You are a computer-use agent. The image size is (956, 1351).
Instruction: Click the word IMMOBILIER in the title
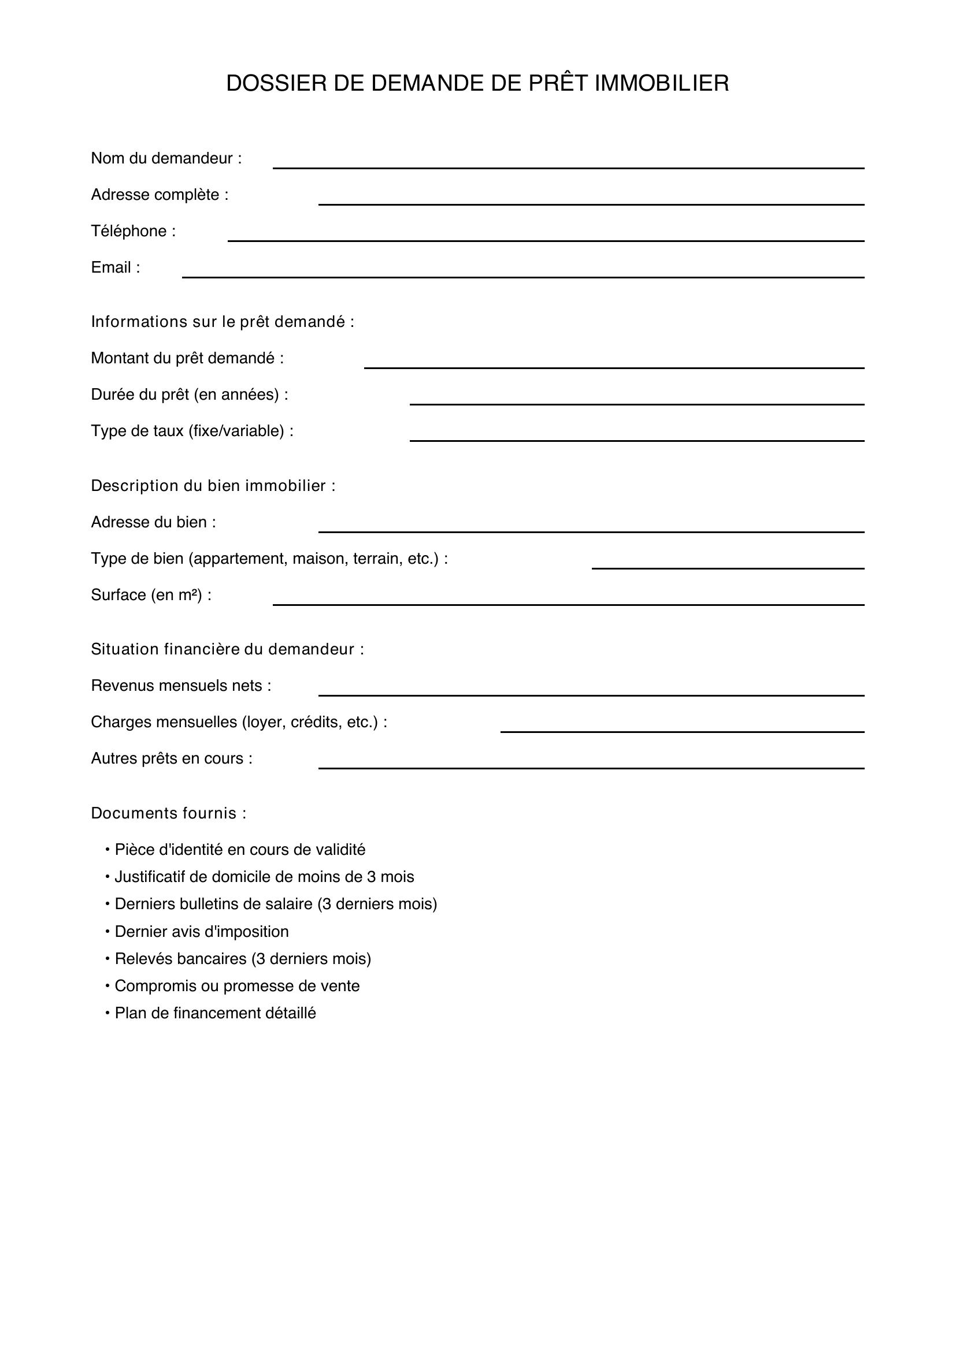pos(662,84)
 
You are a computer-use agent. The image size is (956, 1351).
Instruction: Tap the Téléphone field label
pos(133,231)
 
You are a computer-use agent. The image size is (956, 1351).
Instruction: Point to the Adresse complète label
pos(160,195)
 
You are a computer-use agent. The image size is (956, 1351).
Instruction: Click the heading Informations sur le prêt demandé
pos(223,322)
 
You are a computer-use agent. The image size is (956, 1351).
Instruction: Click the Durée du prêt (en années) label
pos(190,394)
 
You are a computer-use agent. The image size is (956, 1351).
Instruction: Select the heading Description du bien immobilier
pos(213,486)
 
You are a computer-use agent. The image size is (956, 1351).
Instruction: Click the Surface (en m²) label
pos(151,595)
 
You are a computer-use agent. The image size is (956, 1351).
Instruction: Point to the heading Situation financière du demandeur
pos(227,650)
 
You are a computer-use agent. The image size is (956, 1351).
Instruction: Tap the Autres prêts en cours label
pos(171,758)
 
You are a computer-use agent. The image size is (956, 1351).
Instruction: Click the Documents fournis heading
pos(168,813)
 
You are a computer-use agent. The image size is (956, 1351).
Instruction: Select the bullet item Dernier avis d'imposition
pos(201,932)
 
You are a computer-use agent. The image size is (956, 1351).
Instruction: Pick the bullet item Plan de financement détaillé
pos(215,1013)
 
